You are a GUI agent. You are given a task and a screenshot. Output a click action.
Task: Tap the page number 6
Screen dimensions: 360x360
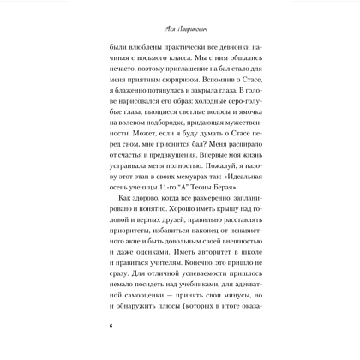click(111, 327)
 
